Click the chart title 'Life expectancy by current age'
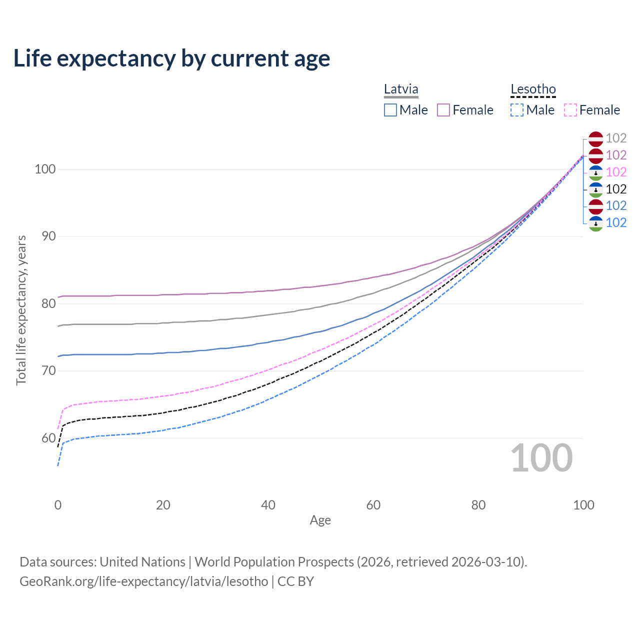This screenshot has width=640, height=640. [x=171, y=58]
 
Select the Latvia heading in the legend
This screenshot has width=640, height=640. [x=401, y=89]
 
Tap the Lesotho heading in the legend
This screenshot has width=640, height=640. [x=533, y=89]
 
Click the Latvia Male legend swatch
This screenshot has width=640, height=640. [x=390, y=110]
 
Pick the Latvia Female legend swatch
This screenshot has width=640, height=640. [x=443, y=110]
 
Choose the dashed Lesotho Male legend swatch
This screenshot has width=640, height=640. [x=517, y=110]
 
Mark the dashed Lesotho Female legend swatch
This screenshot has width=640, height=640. [x=570, y=110]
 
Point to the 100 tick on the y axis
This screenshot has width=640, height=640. [x=44, y=169]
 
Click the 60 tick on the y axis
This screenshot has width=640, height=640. [x=48, y=438]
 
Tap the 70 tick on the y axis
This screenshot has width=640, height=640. [x=48, y=371]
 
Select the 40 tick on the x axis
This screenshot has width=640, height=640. [x=268, y=505]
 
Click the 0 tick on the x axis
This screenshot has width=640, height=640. [x=58, y=505]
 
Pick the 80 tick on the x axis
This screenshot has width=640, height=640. [x=478, y=505]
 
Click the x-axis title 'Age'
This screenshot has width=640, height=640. [x=320, y=520]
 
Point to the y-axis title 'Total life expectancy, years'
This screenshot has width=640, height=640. [x=21, y=310]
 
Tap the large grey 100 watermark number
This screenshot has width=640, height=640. [x=541, y=458]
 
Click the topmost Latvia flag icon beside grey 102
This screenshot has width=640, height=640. [x=595, y=138]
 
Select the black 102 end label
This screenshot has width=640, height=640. [x=616, y=189]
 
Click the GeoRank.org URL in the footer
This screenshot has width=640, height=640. [x=144, y=581]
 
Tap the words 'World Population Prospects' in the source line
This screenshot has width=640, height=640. [x=274, y=562]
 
